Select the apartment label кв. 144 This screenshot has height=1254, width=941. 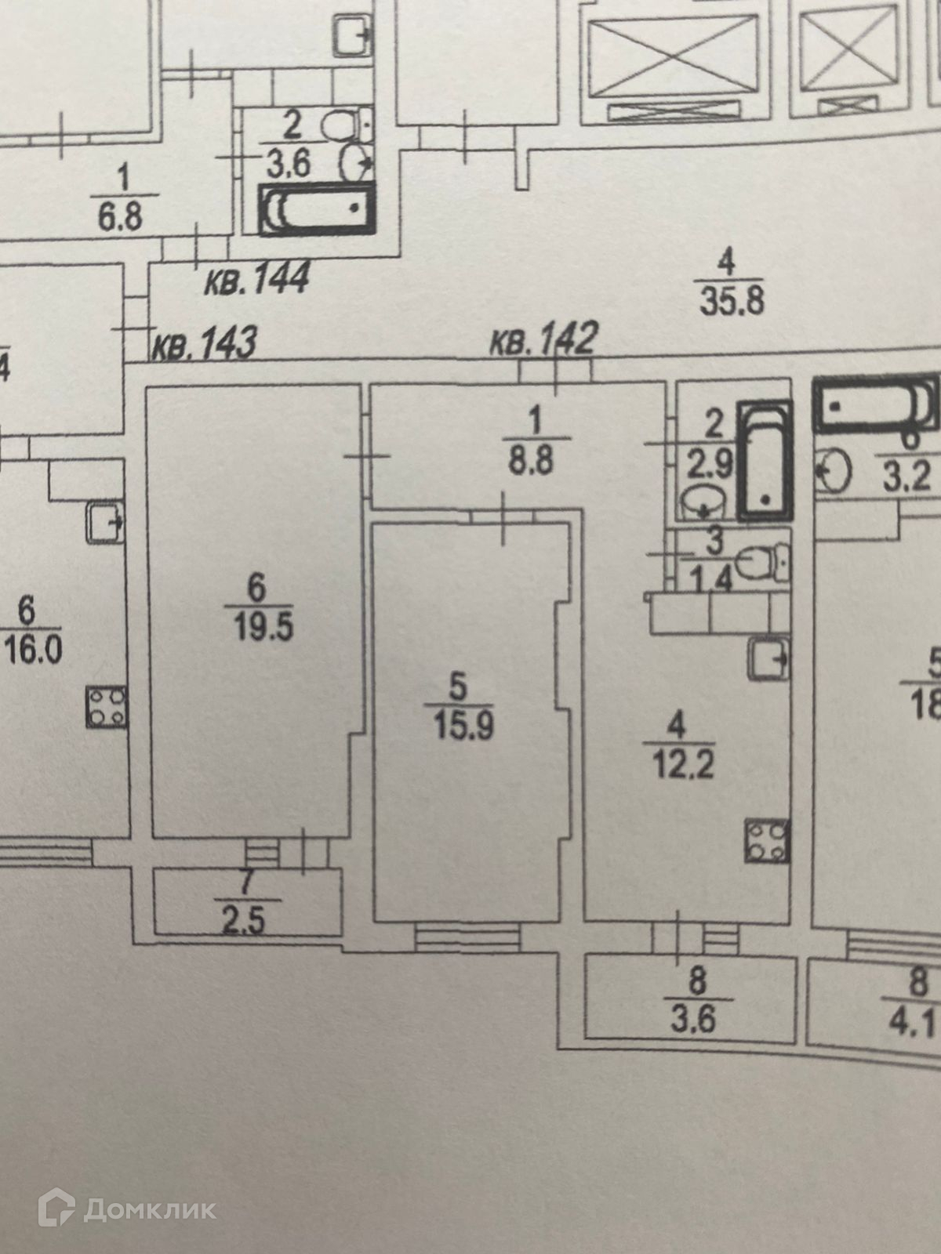click(x=257, y=279)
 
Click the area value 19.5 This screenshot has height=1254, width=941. click(x=263, y=627)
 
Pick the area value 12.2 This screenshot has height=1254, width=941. click(x=682, y=763)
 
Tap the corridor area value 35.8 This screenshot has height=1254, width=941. click(x=731, y=300)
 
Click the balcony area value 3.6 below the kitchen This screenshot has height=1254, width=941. click(x=695, y=1020)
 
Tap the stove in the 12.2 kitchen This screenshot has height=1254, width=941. click(x=767, y=841)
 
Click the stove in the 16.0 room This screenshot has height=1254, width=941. click(x=106, y=706)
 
